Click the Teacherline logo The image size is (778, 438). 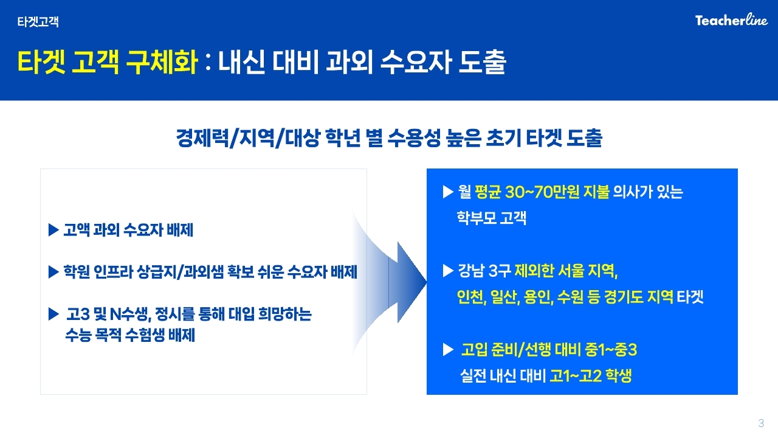tap(731, 20)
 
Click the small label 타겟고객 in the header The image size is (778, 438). tap(38, 21)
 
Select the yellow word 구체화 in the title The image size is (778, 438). tap(162, 62)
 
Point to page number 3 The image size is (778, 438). tap(761, 423)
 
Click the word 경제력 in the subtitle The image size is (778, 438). tap(202, 137)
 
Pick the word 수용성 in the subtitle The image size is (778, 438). tap(414, 137)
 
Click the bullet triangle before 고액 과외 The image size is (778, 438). tap(53, 230)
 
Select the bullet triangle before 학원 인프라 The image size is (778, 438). tap(53, 272)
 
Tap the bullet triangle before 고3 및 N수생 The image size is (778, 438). tap(53, 314)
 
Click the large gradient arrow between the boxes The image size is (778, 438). tap(389, 282)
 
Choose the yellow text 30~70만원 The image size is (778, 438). tap(542, 192)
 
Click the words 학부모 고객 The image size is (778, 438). tap(492, 218)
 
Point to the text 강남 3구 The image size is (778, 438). tap(484, 271)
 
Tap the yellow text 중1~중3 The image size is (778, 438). tap(611, 350)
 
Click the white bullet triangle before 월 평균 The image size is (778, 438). tap(448, 192)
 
